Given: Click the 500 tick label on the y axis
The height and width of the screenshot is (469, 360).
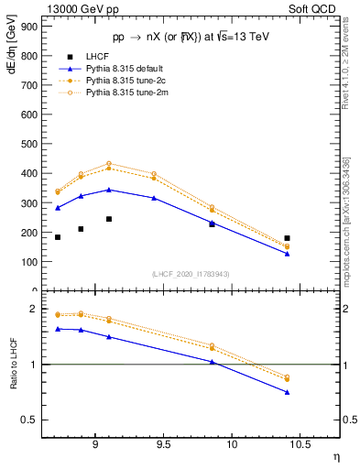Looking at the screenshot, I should (x=29, y=144).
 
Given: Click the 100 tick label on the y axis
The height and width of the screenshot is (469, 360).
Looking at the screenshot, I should (x=29, y=261).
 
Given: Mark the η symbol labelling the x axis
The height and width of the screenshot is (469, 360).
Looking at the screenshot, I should (x=335, y=457).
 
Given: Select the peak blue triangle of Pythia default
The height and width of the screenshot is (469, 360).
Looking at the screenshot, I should (x=109, y=190).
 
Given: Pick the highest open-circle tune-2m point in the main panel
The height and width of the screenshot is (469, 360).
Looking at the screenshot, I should (x=109, y=164).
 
